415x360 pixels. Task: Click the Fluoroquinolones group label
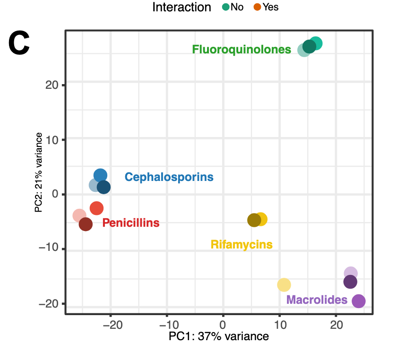(x=241, y=49)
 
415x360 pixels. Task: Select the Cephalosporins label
(x=169, y=177)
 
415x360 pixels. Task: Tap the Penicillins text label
(x=130, y=223)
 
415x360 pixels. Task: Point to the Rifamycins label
(x=242, y=245)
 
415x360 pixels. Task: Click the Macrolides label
(x=317, y=300)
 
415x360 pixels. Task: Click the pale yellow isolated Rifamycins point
(x=284, y=284)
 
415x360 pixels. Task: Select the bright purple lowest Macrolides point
(x=359, y=301)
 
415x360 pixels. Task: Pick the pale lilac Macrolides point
(x=350, y=273)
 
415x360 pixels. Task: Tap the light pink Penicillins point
(x=79, y=216)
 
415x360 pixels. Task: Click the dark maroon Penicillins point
(x=86, y=224)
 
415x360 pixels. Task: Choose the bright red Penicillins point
(x=96, y=208)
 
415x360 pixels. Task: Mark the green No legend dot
(x=225, y=7)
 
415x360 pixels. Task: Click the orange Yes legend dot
(x=257, y=7)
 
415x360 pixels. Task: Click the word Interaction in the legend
(x=182, y=7)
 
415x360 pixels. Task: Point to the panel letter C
(x=19, y=43)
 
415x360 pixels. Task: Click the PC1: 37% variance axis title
(x=218, y=337)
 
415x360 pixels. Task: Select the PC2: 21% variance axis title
(x=39, y=172)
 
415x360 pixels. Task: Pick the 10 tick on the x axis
(x=279, y=325)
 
